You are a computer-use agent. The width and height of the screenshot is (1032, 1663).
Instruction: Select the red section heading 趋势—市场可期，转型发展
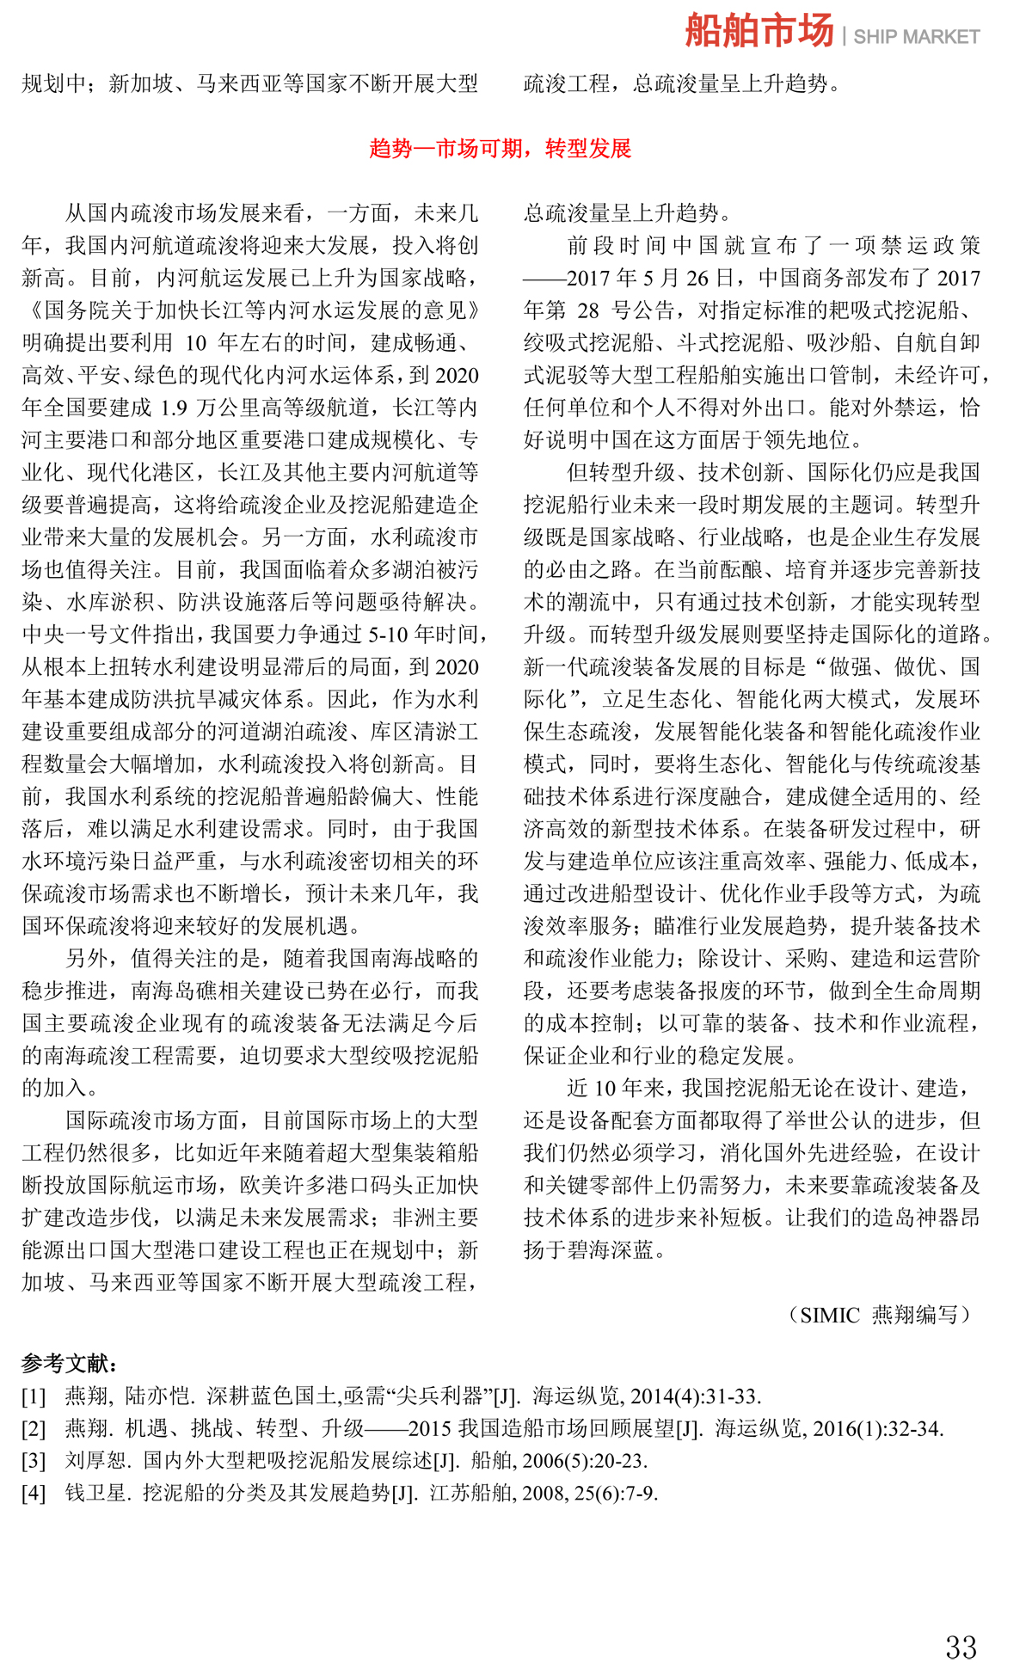pos(501,149)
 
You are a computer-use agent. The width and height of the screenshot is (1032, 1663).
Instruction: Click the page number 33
pos(961,1623)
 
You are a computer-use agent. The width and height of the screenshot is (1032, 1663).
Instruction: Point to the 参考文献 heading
pos(70,1364)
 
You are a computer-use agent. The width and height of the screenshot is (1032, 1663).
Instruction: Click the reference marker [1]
pos(34,1396)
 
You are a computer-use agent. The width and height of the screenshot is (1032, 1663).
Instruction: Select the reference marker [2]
pos(34,1428)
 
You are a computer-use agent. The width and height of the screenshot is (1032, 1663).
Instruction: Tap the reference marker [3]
pos(34,1460)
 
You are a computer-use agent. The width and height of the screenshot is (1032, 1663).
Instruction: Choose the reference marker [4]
pos(34,1493)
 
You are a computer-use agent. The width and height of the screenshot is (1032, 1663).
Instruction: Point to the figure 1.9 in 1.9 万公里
pos(174,408)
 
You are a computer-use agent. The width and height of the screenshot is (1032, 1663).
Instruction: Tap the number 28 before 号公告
pos(587,310)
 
